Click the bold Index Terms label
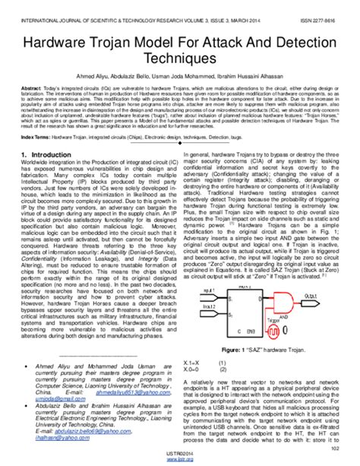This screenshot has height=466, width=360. (x=38, y=137)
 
